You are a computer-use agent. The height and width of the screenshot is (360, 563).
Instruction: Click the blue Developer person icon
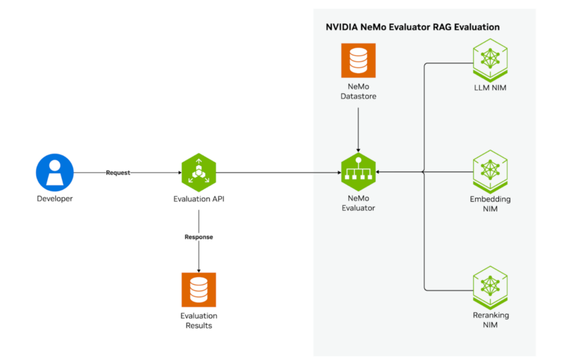coord(54,172)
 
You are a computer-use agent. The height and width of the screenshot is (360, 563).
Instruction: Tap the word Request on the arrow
coord(118,173)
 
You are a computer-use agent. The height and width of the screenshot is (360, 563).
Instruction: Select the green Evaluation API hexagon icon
coord(199,172)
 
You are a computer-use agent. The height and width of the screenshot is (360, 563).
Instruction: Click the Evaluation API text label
coord(199,199)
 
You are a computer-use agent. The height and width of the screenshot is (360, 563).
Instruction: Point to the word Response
coord(199,237)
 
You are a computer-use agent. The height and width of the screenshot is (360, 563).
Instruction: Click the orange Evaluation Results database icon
coord(199,289)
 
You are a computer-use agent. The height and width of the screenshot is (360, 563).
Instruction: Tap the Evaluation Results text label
coord(199,321)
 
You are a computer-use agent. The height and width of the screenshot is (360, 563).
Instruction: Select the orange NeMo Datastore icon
coord(358,61)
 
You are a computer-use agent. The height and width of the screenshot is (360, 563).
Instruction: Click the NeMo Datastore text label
coord(358,93)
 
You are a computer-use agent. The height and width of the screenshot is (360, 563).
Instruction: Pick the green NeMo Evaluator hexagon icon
coord(358,172)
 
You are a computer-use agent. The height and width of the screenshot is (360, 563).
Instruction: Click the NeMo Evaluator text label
coord(358,203)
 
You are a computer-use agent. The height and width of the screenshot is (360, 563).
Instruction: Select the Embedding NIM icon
coord(490,169)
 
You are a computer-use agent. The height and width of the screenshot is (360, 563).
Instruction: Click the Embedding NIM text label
coord(490,203)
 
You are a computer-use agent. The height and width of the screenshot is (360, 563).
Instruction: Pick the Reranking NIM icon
coord(490,284)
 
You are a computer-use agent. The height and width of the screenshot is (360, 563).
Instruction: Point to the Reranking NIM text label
coord(490,319)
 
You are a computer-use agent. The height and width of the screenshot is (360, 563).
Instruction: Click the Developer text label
coord(54,199)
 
